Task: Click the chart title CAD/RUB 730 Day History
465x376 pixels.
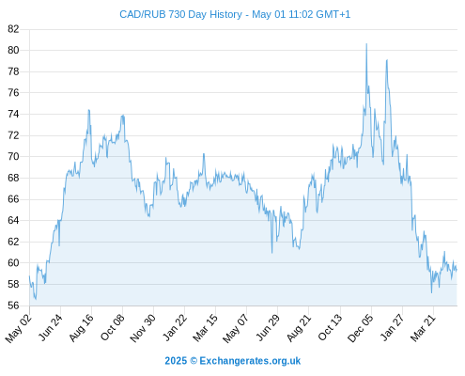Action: [x=180, y=14]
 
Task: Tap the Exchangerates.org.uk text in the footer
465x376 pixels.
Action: [x=250, y=361]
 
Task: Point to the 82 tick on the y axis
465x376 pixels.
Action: [x=13, y=29]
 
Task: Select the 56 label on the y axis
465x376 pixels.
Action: [x=13, y=305]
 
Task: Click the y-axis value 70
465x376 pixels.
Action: [x=13, y=156]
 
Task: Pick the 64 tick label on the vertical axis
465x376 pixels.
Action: [x=13, y=220]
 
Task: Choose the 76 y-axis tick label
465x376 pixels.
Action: [x=13, y=93]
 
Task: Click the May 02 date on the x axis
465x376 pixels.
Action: [x=18, y=328]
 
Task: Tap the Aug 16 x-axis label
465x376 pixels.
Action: [x=81, y=327]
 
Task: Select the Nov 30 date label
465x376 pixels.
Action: [x=143, y=328]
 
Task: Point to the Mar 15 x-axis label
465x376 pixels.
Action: [x=205, y=328]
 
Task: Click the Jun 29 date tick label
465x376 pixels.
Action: [x=267, y=328]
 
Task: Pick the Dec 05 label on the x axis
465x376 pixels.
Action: [x=361, y=328]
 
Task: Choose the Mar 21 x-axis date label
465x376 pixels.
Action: [x=423, y=328]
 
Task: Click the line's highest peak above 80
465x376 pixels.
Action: [x=366, y=44]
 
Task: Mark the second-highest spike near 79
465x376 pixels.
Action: [x=387, y=59]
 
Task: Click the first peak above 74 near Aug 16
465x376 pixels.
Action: [x=89, y=110]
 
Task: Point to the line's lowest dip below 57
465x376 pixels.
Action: [x=36, y=299]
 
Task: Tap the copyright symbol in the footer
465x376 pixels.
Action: [x=194, y=361]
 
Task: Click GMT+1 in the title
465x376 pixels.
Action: [x=333, y=14]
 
